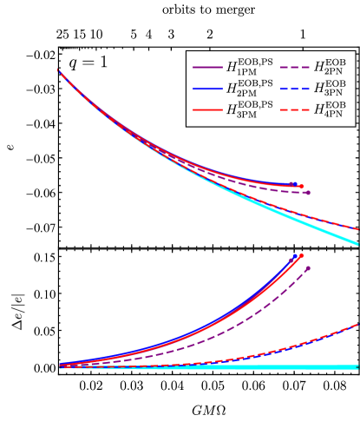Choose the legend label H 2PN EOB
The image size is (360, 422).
pos(329,67)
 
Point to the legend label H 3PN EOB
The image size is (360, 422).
pos(329,89)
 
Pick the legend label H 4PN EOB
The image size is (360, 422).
pos(329,110)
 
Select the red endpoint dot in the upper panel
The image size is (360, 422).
pos(301,186)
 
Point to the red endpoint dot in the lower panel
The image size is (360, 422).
pos(301,256)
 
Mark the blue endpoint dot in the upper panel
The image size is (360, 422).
pos(295,184)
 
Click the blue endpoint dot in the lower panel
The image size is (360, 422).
pos(295,256)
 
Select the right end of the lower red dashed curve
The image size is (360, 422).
pos(357,325)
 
